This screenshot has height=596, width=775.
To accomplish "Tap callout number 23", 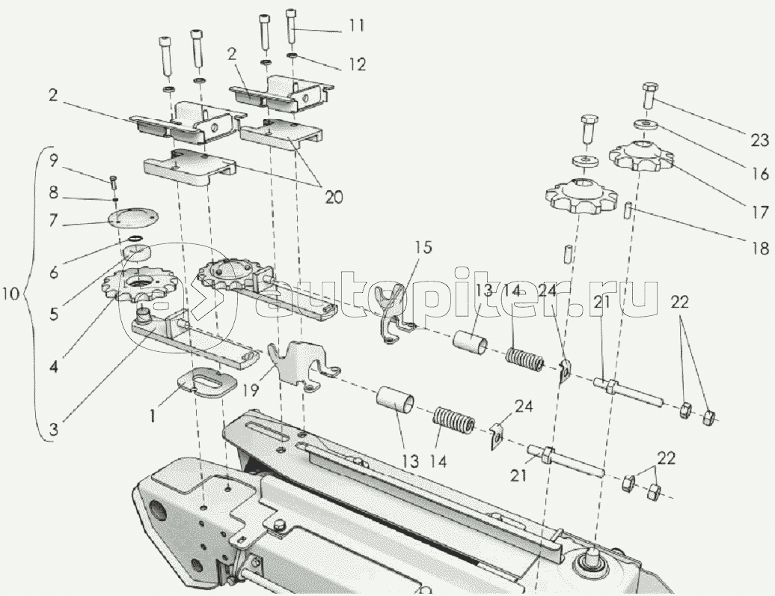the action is (x=760, y=140).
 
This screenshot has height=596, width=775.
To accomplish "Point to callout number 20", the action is (x=333, y=197).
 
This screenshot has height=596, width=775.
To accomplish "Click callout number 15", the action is (x=423, y=246).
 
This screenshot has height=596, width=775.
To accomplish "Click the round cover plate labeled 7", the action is (x=133, y=219).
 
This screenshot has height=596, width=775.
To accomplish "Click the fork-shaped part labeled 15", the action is (x=396, y=311).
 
